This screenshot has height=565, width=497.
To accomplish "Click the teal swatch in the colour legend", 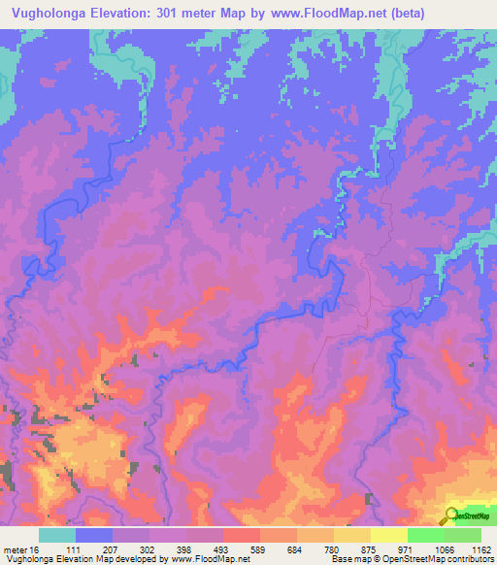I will (57, 535).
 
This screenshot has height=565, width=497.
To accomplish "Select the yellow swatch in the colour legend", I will (388, 535).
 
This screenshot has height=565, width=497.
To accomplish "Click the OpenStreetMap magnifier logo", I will (452, 515).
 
